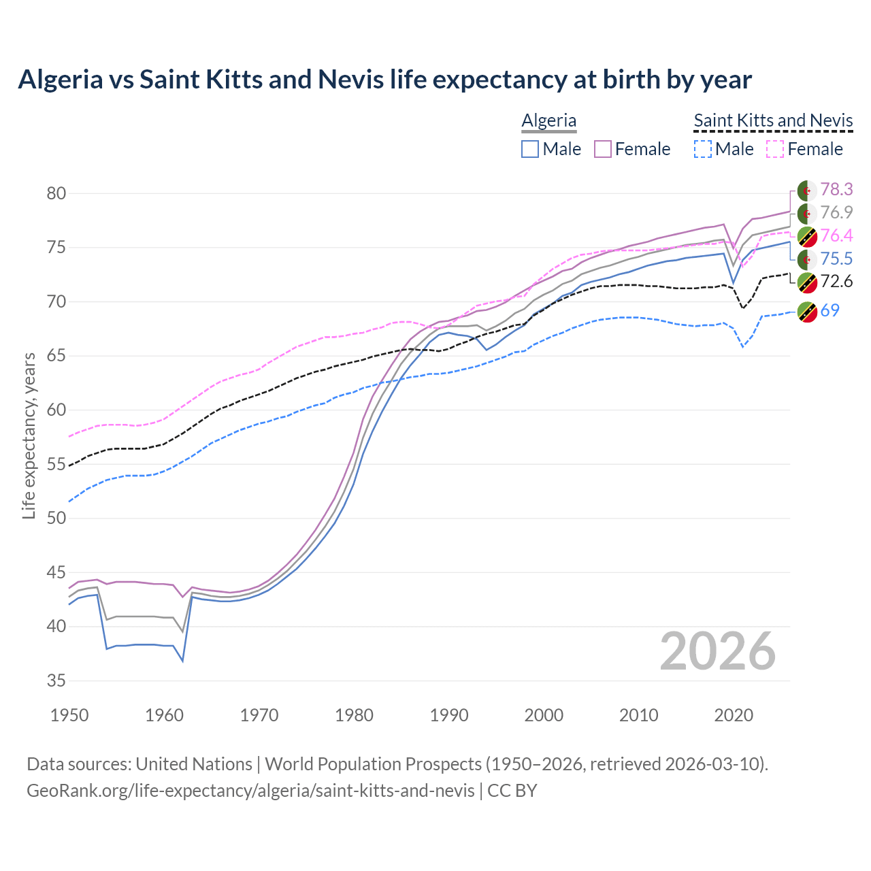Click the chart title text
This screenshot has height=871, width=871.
[384, 80]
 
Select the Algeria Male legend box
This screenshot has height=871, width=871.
[530, 149]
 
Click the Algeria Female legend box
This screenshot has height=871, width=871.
[603, 149]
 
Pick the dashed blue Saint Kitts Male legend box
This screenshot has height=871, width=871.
[703, 149]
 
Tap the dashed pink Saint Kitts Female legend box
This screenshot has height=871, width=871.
[776, 149]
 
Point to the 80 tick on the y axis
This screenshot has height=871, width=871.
[56, 193]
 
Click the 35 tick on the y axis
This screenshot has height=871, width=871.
[56, 680]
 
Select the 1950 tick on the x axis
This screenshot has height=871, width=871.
[69, 715]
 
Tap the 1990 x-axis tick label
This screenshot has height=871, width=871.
[449, 715]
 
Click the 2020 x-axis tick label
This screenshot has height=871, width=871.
[734, 715]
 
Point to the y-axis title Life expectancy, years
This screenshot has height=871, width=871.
[29, 435]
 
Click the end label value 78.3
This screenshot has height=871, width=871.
[836, 189]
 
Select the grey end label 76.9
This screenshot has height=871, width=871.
[836, 212]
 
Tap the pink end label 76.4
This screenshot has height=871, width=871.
[836, 235]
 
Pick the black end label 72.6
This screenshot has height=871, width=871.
[836, 281]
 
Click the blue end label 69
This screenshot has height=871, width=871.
[830, 310]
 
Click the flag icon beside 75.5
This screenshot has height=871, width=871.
[807, 259]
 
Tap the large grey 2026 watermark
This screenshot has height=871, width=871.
[718, 651]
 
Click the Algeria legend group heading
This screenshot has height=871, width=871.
[549, 120]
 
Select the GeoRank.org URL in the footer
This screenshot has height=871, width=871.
[250, 791]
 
